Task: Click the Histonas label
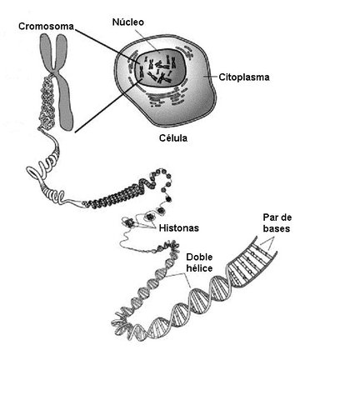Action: (x=179, y=227)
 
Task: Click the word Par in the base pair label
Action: (x=263, y=219)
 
